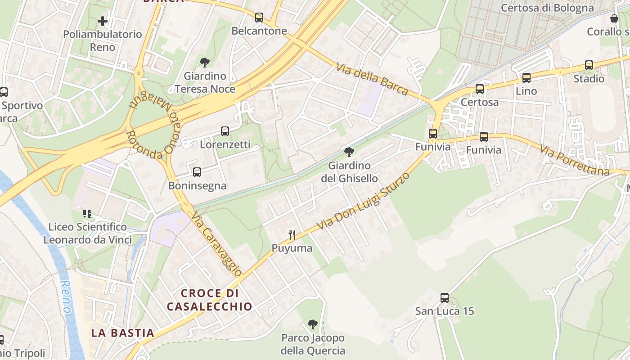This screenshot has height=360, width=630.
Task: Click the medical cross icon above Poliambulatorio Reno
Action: click(x=103, y=21)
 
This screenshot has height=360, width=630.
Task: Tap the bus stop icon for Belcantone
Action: click(x=259, y=18)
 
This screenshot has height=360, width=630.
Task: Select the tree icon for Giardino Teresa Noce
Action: click(x=205, y=63)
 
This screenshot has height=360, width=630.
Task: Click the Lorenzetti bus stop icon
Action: click(x=225, y=131)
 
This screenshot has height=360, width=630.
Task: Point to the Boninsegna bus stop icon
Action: click(x=197, y=172)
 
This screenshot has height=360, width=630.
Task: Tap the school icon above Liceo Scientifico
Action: click(x=87, y=213)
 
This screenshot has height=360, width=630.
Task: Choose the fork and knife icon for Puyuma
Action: click(x=292, y=234)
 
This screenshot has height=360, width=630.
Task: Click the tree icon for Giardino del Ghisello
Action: click(x=349, y=152)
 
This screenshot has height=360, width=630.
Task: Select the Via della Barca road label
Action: click(x=372, y=80)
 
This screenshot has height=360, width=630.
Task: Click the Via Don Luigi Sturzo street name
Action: click(x=363, y=201)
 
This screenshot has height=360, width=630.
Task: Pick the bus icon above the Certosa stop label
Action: click(x=480, y=89)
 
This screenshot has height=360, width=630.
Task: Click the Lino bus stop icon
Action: click(x=526, y=77)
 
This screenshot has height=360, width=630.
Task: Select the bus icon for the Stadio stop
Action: click(x=589, y=65)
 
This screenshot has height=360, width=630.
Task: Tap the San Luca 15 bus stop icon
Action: click(x=445, y=297)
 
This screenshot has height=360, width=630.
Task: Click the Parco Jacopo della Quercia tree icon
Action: click(x=313, y=324)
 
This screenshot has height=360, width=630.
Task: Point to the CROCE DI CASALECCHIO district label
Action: click(x=209, y=300)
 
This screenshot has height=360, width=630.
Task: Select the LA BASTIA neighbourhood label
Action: click(x=122, y=333)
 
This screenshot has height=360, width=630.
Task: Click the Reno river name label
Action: click(x=66, y=297)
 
